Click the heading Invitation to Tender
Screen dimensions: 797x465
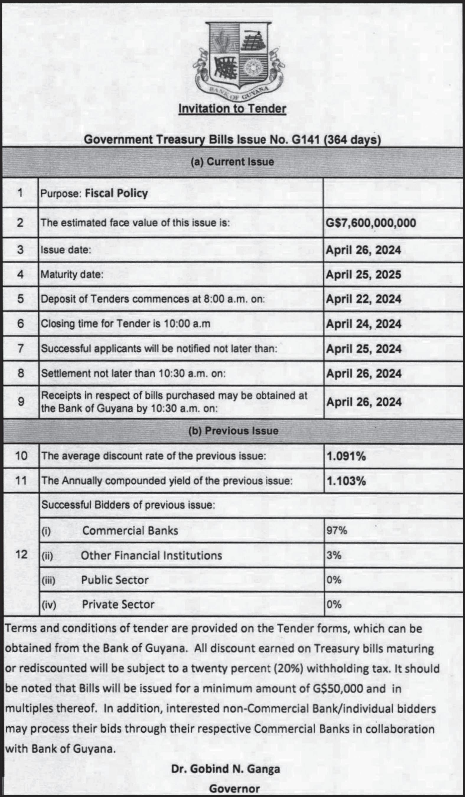pos(232,109)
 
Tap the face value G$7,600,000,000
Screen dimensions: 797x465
pos(371,223)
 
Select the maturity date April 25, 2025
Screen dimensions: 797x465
pos(363,275)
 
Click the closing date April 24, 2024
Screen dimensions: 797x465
pos(363,324)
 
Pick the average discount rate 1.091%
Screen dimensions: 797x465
pos(346,456)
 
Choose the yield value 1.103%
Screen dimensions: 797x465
pos(346,481)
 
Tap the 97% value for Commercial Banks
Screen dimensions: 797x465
pos(337,530)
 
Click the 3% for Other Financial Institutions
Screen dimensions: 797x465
pos(334,555)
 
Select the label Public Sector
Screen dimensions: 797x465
pos(115,580)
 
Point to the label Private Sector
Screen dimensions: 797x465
pos(118,605)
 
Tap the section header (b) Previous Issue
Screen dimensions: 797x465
pos(233,431)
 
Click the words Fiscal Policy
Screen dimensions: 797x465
pos(116,193)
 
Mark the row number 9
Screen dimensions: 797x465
pos(21,402)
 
